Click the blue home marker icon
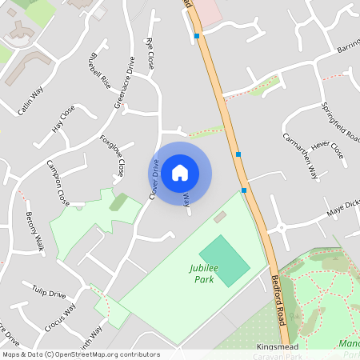180,172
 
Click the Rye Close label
150,54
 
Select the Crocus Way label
60,314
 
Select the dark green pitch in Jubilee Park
224,260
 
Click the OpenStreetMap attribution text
80,354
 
